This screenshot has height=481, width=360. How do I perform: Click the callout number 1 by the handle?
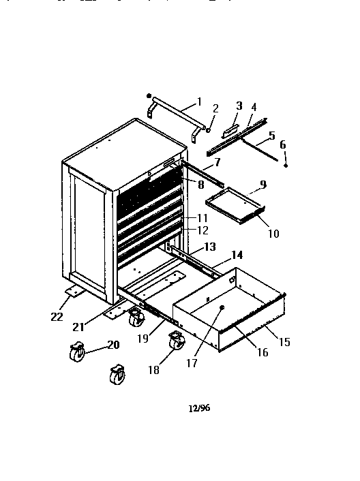(x=199, y=102)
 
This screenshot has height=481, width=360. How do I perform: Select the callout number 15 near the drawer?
(x=284, y=342)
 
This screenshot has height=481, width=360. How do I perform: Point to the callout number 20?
(x=112, y=345)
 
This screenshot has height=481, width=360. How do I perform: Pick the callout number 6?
(x=284, y=144)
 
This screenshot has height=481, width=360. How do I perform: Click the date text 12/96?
(x=196, y=409)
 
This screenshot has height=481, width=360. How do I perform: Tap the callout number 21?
(x=79, y=326)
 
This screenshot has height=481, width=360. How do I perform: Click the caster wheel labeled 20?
(x=76, y=353)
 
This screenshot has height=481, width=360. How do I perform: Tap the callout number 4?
(x=254, y=107)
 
